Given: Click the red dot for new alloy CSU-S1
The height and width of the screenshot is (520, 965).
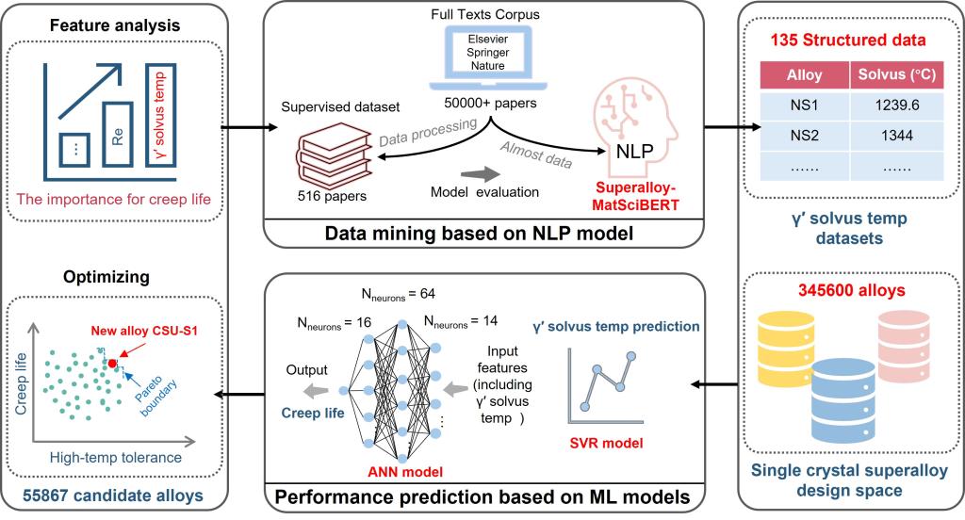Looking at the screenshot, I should click(x=113, y=363).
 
